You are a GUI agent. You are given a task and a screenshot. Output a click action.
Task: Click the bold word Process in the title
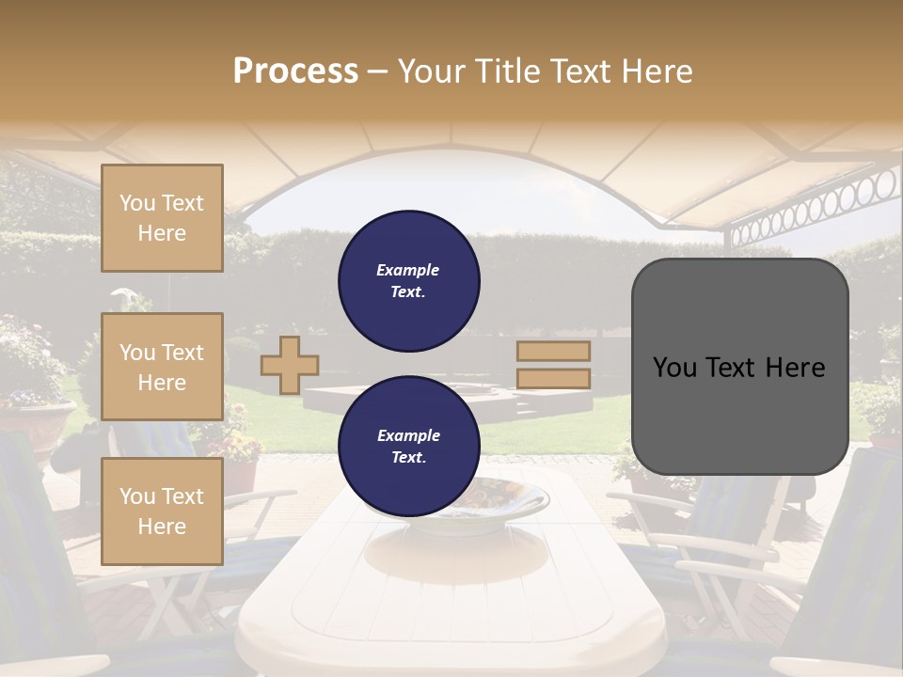tap(295, 71)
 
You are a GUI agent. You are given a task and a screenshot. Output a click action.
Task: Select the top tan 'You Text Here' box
tap(162, 218)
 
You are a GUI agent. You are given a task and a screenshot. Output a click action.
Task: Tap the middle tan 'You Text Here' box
tap(162, 367)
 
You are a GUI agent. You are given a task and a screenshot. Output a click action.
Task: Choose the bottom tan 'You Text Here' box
tap(162, 511)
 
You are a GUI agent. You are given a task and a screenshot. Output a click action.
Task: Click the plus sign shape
tap(289, 365)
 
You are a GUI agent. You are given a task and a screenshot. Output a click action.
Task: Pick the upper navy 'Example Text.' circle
tap(409, 281)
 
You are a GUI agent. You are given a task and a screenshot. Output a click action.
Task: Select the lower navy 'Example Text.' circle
tap(409, 447)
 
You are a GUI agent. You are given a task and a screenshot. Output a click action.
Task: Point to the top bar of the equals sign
tap(553, 352)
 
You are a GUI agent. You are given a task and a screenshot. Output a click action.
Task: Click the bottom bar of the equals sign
tap(553, 379)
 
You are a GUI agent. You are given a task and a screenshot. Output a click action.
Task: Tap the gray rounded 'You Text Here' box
tap(739, 367)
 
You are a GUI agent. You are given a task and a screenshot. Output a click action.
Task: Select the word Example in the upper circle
tap(408, 270)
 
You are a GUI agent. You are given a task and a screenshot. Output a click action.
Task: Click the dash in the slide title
tap(377, 71)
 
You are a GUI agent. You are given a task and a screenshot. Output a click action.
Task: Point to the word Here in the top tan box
tap(162, 233)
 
